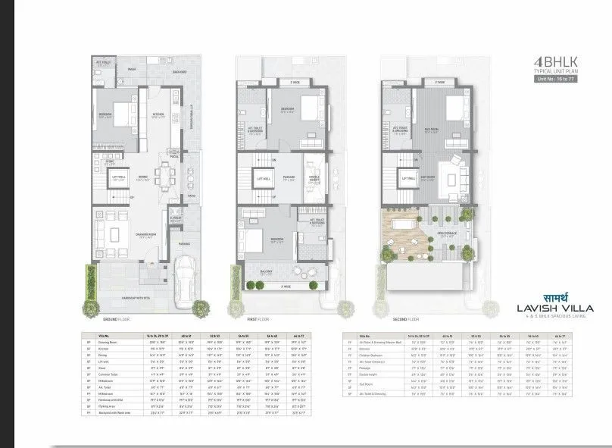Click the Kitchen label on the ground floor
click(x=159, y=115)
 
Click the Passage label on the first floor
click(x=289, y=177)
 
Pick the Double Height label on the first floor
click(x=316, y=180)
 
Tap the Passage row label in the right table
click(x=371, y=368)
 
